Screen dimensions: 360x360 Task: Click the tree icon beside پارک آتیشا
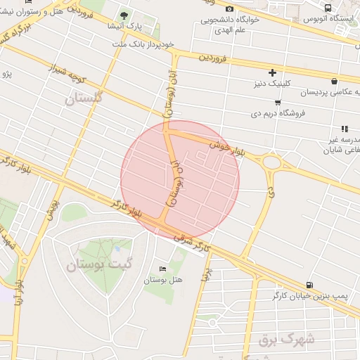[x=124, y=15]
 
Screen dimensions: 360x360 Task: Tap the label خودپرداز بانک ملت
[x=142, y=44]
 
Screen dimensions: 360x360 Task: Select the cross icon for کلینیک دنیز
[x=272, y=72]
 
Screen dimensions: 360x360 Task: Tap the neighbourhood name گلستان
[x=84, y=98]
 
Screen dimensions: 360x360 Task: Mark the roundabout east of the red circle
[x=271, y=164]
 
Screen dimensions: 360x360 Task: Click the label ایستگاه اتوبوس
[x=330, y=19]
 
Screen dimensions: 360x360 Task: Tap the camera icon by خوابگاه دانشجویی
[x=230, y=8]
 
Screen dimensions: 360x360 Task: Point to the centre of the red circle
[x=180, y=180]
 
